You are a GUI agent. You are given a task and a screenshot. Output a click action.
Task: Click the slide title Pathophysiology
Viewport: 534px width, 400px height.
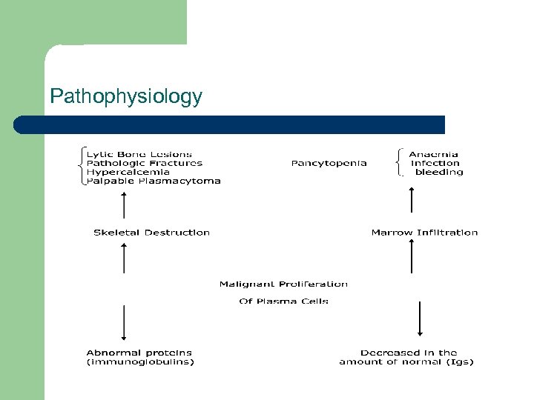coord(125,97)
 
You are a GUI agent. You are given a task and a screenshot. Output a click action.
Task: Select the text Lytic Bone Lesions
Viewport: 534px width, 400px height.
coord(139,154)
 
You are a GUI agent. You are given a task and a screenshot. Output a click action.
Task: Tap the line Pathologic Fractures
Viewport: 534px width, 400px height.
coord(145,163)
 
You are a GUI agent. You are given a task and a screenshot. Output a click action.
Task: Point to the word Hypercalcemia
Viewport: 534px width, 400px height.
coord(128,172)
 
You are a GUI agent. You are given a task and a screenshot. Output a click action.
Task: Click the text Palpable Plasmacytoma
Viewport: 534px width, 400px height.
coord(154,181)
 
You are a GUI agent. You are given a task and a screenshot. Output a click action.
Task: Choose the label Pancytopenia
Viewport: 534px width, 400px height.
coord(329,163)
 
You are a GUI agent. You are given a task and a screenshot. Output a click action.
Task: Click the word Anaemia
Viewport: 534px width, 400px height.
coord(434,154)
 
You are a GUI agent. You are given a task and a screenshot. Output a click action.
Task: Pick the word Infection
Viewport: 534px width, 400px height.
coord(435,163)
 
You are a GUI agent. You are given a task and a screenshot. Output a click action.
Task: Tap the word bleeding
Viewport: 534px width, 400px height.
coord(439,172)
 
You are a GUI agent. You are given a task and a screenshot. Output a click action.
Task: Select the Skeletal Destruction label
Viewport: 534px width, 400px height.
coord(151,233)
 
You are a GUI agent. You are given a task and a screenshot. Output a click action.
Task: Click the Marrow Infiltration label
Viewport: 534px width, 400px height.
coord(424,233)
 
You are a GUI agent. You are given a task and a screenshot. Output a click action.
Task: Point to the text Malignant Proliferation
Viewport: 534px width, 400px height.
coord(283,284)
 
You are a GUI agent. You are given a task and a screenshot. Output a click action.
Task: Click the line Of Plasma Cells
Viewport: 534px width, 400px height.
coord(283,301)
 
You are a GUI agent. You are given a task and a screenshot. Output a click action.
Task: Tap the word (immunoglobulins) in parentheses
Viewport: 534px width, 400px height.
coord(140,362)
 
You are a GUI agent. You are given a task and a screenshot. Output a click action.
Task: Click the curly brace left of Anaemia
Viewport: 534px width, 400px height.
coord(400,163)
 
